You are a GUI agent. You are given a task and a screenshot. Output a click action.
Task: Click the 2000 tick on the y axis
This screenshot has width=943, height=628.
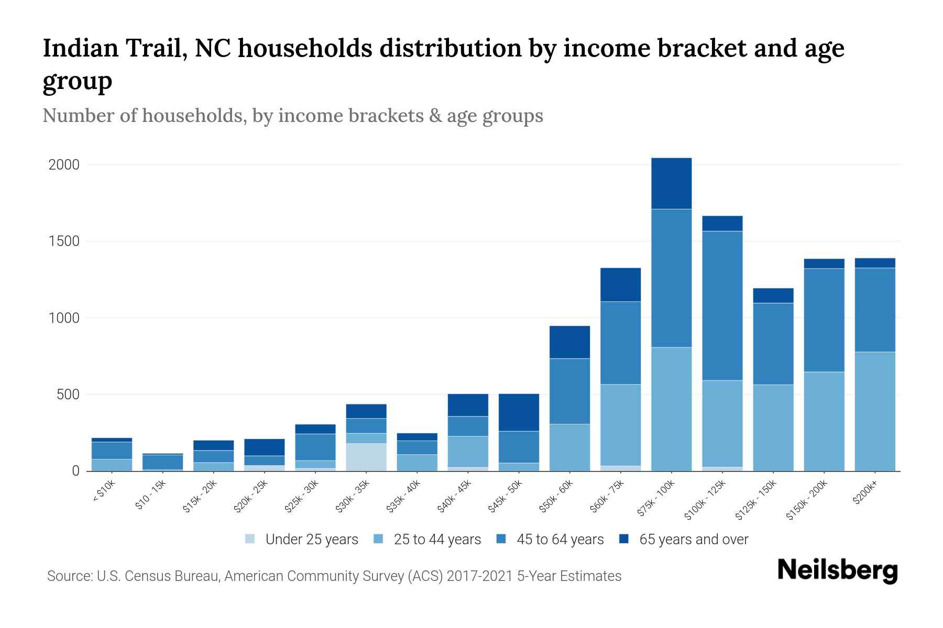[64, 165]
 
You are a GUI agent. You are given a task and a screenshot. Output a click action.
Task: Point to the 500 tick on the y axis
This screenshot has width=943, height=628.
[68, 395]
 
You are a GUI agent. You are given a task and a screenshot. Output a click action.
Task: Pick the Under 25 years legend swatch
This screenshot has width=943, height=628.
[250, 539]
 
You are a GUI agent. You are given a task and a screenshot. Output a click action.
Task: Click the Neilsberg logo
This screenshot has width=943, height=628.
[838, 570]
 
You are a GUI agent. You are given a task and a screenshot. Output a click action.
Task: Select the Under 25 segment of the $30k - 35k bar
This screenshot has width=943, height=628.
[366, 457]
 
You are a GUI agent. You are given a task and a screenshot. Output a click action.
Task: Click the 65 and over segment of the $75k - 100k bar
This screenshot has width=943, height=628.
[671, 183]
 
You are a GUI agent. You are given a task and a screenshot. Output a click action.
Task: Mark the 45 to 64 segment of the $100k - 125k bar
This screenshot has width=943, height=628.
[722, 306]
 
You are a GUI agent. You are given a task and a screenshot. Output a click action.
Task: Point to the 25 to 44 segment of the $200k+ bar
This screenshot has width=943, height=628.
[875, 411]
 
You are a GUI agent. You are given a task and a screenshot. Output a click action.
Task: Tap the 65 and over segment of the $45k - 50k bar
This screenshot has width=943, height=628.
[519, 412]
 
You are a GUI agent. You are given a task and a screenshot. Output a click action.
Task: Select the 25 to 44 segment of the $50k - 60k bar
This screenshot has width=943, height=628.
[569, 447]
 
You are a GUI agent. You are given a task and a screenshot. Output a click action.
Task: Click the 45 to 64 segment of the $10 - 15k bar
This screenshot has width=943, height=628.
[162, 462]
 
